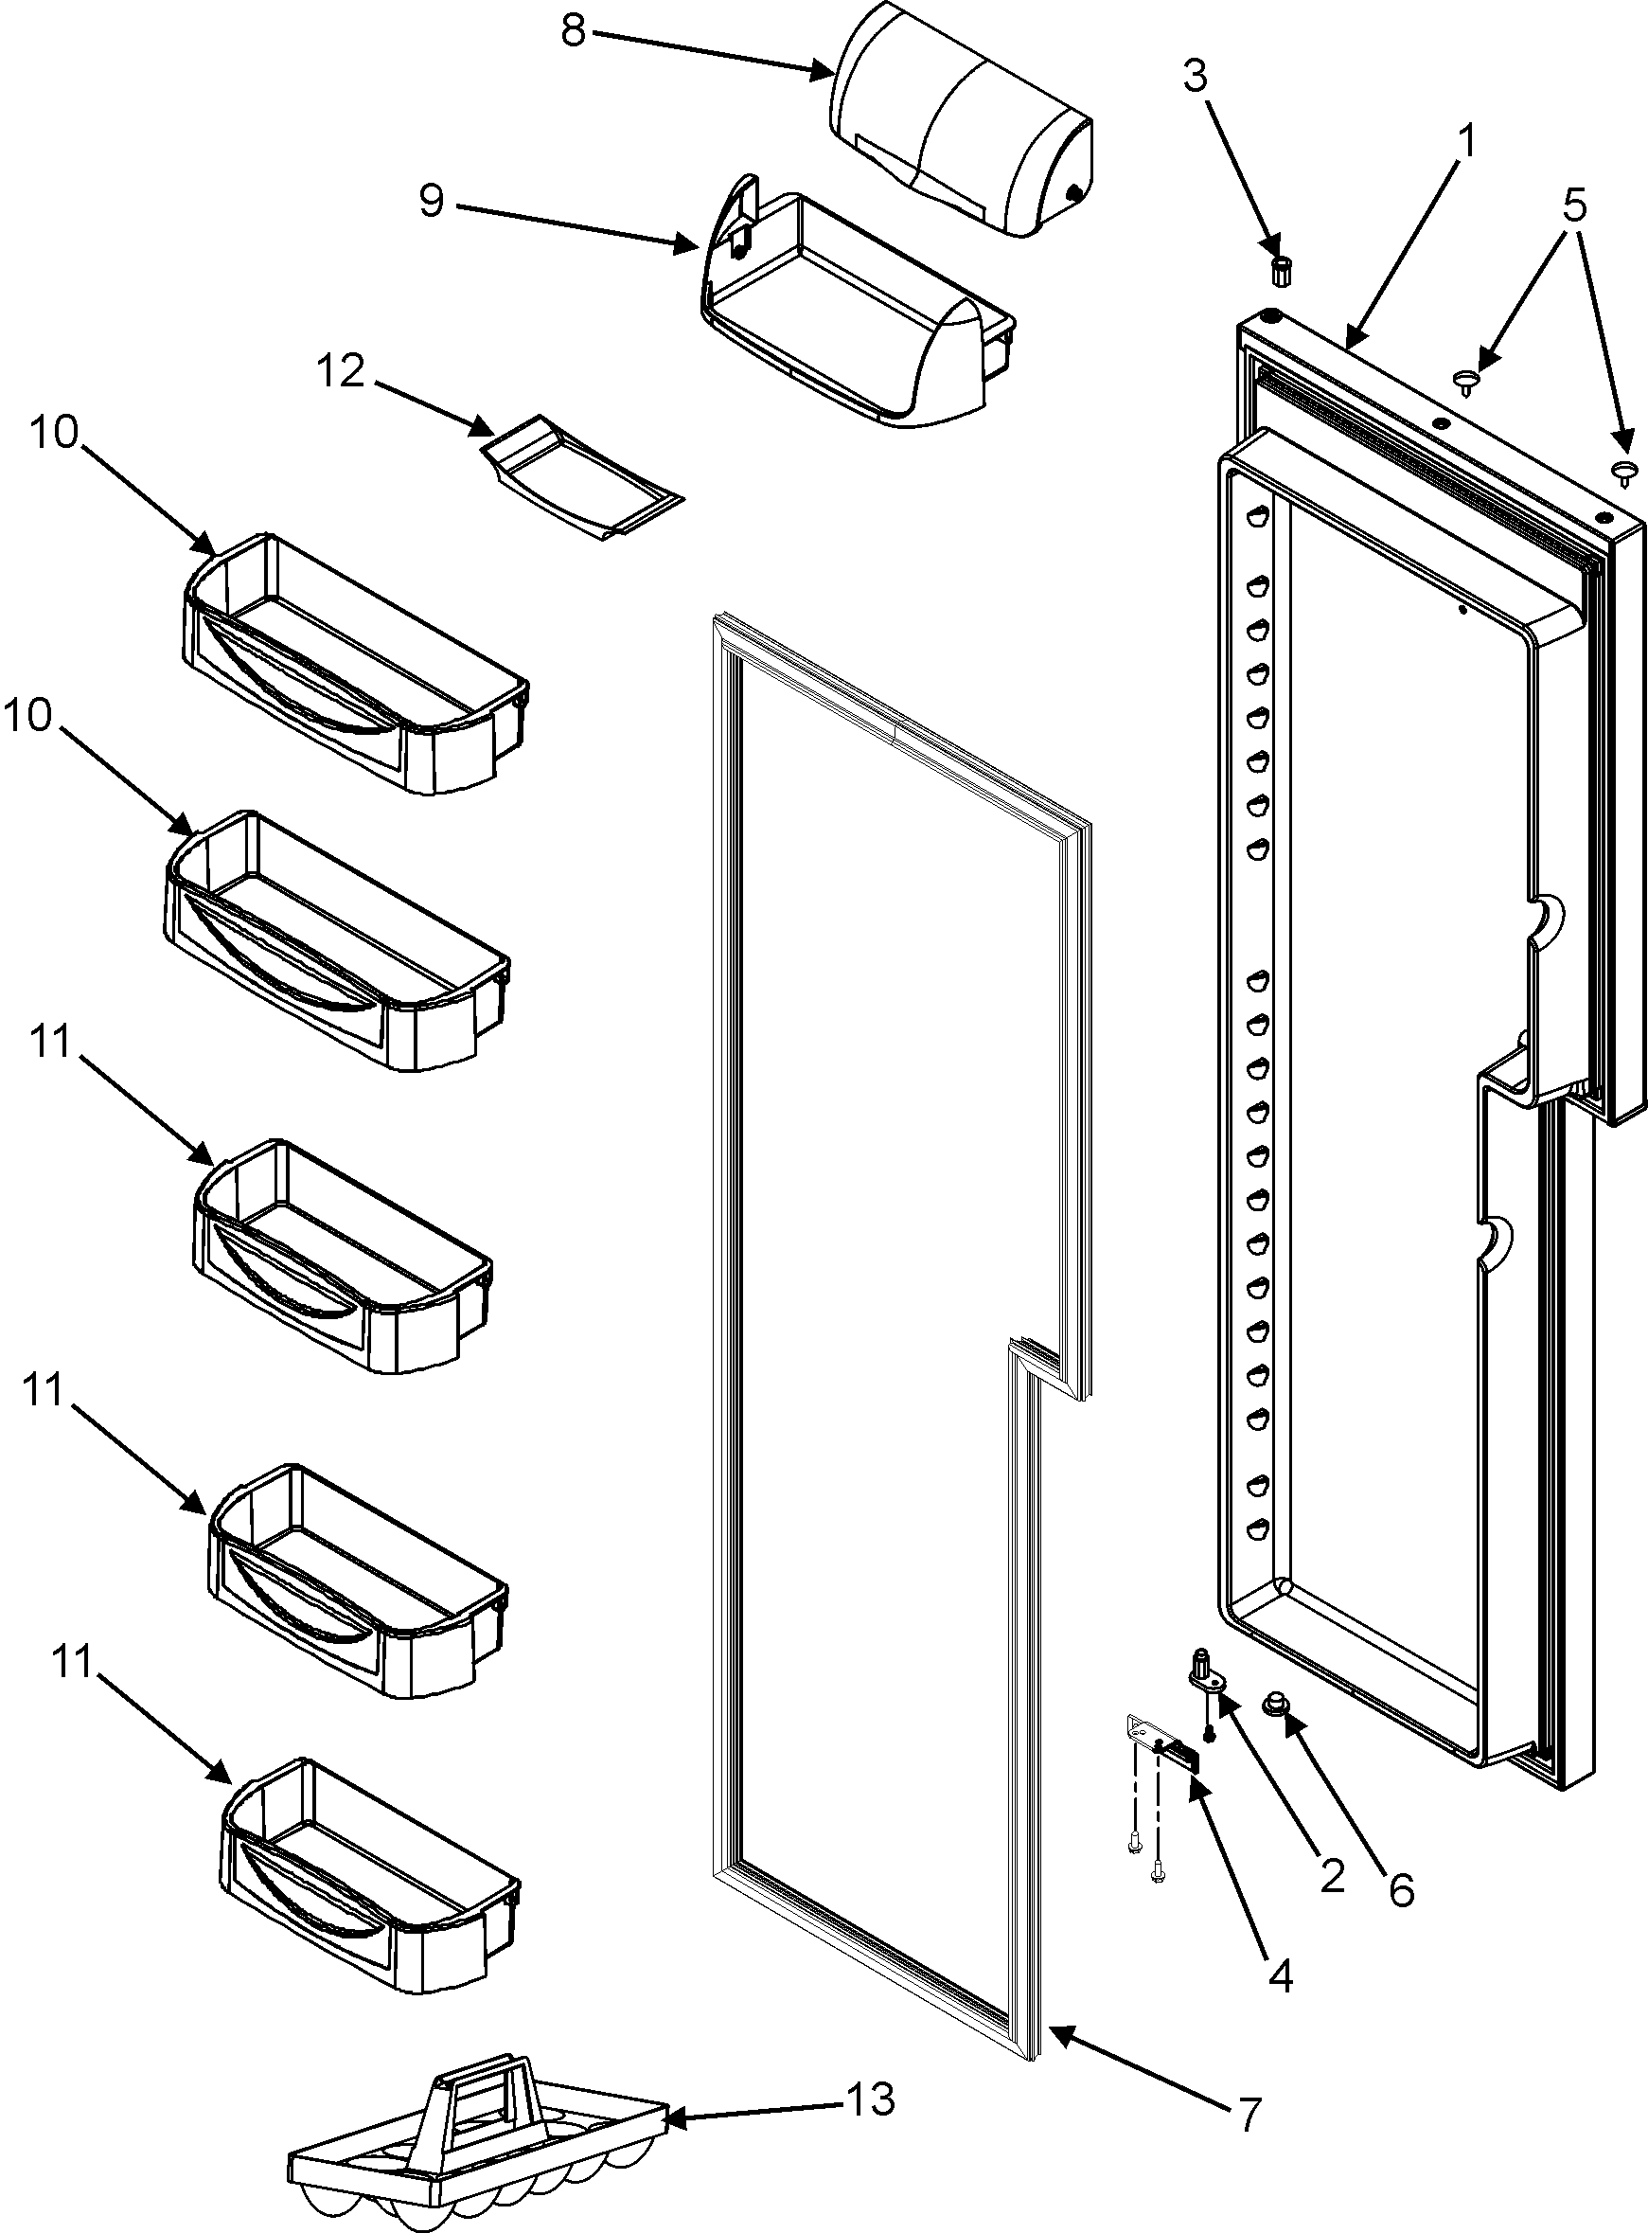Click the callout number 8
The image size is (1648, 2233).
[x=573, y=31]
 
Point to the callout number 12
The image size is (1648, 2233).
[x=341, y=372]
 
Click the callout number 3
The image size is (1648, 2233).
[x=1196, y=77]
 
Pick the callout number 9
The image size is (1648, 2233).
[x=431, y=201]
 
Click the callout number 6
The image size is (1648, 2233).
[x=1402, y=1889]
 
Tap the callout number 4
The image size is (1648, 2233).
[x=1280, y=1974]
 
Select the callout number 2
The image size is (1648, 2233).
[x=1331, y=1878]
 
